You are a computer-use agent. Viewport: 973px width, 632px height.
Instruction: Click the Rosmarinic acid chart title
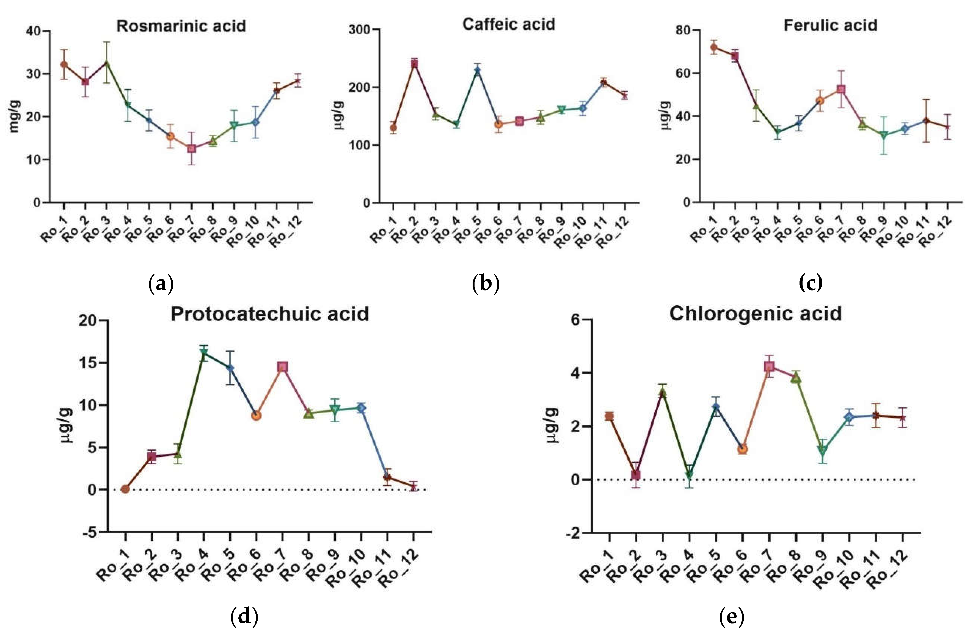point(181,26)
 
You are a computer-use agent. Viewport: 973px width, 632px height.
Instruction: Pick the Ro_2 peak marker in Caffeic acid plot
point(414,63)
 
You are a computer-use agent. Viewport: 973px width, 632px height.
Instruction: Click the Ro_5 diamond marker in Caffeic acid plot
point(478,71)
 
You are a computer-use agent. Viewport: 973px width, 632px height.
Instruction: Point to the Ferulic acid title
point(830,25)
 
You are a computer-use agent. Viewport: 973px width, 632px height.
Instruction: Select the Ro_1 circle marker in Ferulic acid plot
point(714,47)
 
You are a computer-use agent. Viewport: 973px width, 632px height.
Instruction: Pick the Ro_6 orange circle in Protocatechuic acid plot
point(256,415)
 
